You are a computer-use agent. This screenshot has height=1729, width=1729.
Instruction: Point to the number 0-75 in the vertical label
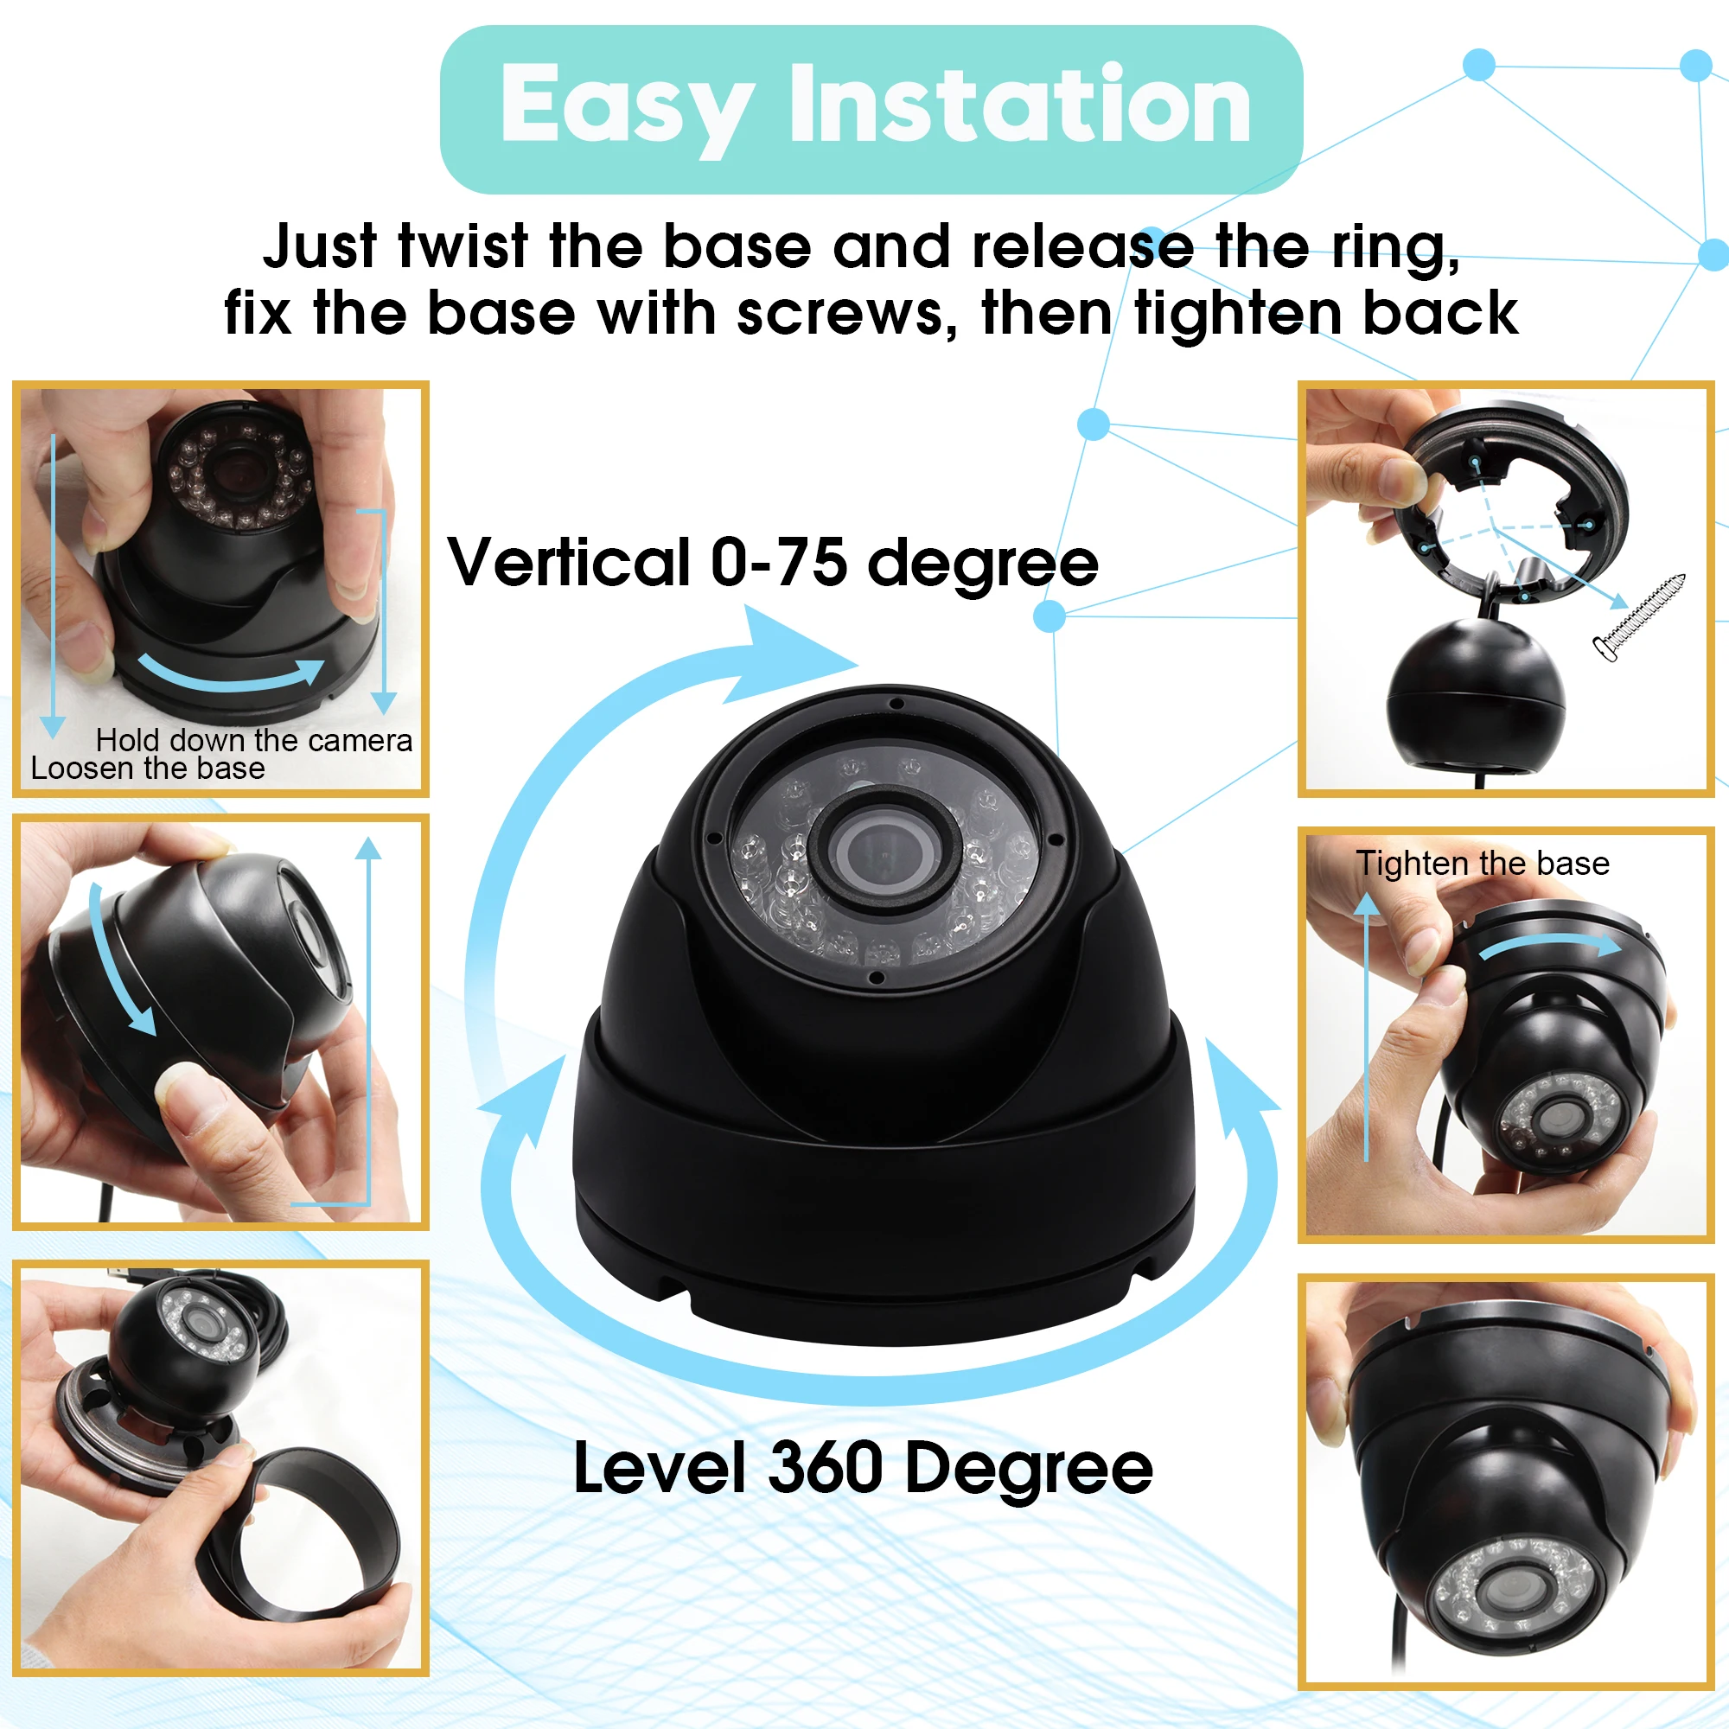[x=779, y=563]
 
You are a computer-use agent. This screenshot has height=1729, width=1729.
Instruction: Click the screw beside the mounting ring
[x=1638, y=617]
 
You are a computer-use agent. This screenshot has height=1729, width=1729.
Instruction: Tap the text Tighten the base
[x=1482, y=864]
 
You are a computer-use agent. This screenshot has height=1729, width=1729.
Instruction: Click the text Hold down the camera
[x=254, y=740]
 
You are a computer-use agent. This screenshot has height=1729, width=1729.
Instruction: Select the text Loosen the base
[x=148, y=768]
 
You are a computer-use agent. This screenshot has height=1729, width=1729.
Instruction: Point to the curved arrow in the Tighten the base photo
[x=1551, y=945]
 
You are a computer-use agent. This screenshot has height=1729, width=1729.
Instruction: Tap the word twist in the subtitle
[x=463, y=246]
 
